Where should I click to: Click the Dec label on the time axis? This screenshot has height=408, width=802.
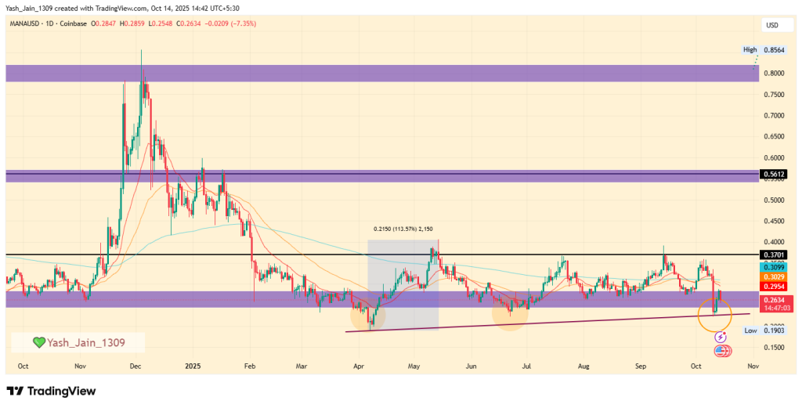135,366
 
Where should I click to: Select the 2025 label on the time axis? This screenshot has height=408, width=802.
193,366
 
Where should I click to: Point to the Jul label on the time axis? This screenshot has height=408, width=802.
526,366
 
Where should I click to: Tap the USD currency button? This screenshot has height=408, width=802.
772,25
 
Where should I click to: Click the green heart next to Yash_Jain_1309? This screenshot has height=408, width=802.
38,342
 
